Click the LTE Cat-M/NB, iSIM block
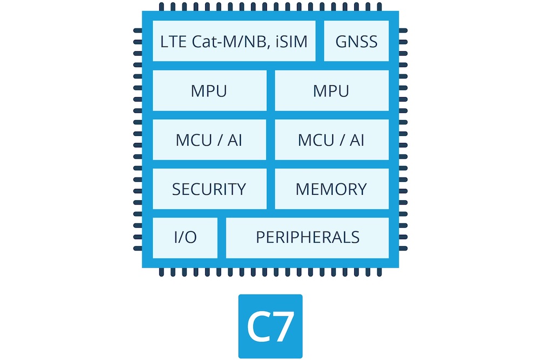coord(234,42)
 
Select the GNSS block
coord(356,42)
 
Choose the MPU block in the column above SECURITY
coord(209,91)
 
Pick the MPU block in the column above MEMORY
coord(331,91)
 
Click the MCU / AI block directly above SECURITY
coord(209,140)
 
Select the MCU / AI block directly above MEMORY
coord(331,140)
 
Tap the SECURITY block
coord(209,189)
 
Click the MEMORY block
coord(331,189)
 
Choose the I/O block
coord(185,237)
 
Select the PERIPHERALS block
coord(307,237)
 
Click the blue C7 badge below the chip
coord(270,326)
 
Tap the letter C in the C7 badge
coord(257,326)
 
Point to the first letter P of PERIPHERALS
coord(260,237)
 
